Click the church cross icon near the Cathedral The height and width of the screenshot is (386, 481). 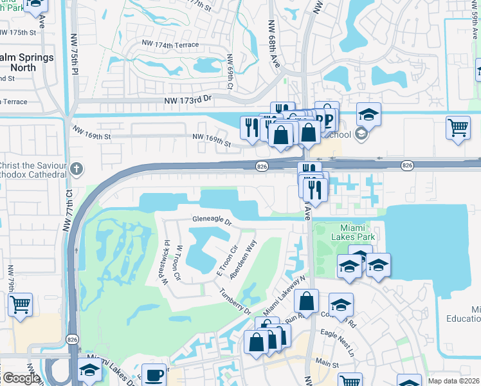click(x=76, y=170)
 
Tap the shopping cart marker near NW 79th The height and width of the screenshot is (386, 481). click(x=21, y=303)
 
